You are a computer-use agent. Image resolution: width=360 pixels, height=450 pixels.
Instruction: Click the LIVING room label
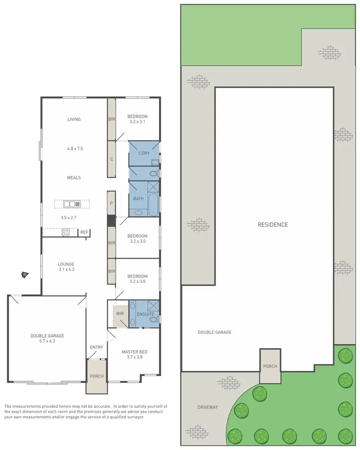click(74, 119)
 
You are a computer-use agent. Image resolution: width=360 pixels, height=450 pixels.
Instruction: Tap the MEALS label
click(74, 178)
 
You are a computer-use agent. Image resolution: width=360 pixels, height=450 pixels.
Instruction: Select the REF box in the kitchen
click(84, 232)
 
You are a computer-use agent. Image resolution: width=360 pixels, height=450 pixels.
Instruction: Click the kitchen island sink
click(70, 204)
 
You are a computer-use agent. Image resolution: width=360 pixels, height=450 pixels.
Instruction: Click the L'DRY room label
click(144, 153)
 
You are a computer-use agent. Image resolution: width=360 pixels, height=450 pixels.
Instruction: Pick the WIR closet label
click(120, 314)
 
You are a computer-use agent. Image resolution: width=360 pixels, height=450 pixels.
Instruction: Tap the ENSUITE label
click(144, 314)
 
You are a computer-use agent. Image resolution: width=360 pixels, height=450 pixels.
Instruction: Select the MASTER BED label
click(134, 352)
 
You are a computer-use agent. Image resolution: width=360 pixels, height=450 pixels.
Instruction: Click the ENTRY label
click(96, 347)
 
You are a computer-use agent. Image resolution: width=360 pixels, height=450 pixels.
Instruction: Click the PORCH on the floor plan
click(96, 376)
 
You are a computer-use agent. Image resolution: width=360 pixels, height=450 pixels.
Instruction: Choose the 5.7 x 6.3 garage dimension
click(47, 341)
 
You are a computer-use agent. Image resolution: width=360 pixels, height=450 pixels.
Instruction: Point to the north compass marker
click(24, 275)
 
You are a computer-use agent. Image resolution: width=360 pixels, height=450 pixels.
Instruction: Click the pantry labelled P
click(111, 203)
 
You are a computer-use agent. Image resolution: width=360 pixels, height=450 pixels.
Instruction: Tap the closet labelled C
click(111, 159)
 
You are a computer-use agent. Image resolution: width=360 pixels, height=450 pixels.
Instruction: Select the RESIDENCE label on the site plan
click(273, 225)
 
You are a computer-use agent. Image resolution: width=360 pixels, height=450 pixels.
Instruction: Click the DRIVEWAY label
click(207, 407)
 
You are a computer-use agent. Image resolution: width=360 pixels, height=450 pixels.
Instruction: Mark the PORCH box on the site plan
click(270, 366)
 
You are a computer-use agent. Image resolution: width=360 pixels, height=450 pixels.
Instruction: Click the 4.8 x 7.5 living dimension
click(75, 149)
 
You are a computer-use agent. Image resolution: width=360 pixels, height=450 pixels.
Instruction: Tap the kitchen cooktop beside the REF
click(66, 232)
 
